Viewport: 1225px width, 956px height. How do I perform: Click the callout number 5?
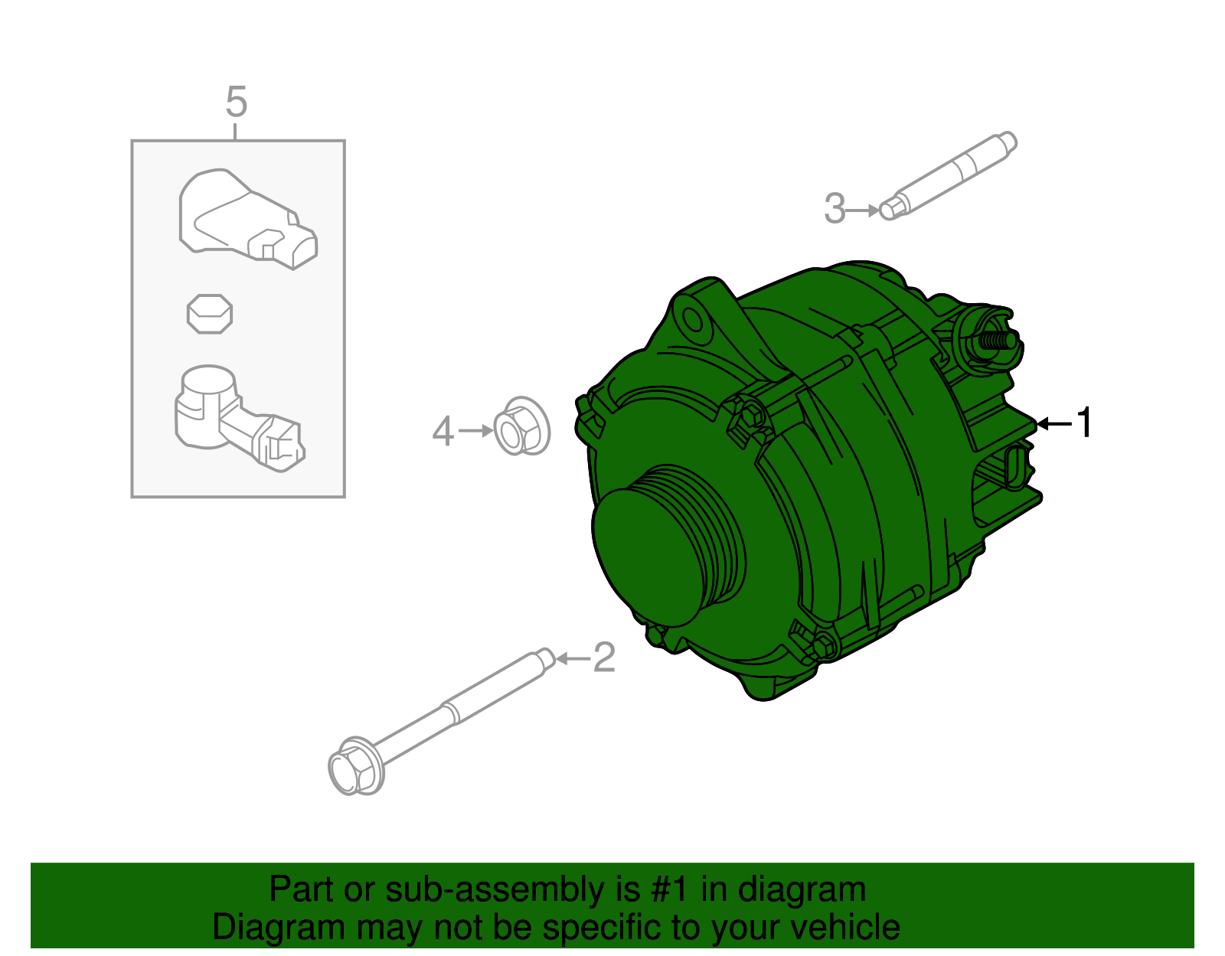tap(237, 102)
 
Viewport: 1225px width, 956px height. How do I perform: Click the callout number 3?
tap(835, 208)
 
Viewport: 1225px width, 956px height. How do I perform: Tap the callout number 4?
tap(443, 432)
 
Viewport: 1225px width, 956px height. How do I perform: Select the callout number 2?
tap(604, 657)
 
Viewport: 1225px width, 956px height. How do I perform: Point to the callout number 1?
tap(1084, 423)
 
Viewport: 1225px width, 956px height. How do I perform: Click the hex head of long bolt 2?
tap(354, 767)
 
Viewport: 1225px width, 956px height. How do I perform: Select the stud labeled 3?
tap(949, 175)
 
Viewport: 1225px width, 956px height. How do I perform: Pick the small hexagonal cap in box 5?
tap(209, 313)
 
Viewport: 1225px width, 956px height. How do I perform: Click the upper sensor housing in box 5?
tap(245, 218)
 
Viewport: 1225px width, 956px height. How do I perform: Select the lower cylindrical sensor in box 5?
tap(230, 417)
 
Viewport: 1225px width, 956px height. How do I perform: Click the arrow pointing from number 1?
tap(1054, 423)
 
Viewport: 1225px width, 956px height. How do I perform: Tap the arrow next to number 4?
tap(476, 432)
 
